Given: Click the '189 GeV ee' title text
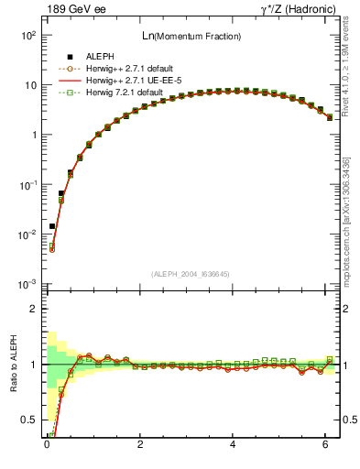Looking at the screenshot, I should pyautogui.click(x=71, y=9).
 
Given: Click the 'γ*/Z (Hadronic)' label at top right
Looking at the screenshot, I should pyautogui.click(x=300, y=9).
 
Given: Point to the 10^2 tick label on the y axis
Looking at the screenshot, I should pyautogui.click(x=28, y=35).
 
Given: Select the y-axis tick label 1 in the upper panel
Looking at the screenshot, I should pyautogui.click(x=33, y=135).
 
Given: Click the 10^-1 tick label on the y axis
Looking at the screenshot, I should pyautogui.click(x=28, y=184).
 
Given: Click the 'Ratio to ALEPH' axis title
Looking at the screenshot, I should pyautogui.click(x=12, y=365).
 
